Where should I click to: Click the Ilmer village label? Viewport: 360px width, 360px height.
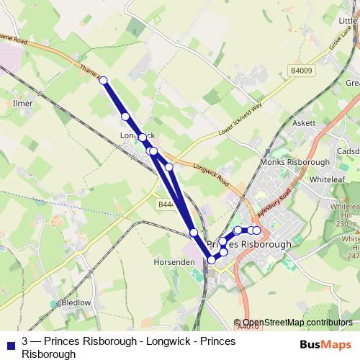point(23,104)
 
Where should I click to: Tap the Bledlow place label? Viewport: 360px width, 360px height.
point(76,303)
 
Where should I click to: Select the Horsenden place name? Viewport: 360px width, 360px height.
point(175,263)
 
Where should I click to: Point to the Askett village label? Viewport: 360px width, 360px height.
point(304,123)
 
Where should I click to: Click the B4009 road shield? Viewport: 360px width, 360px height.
point(302,71)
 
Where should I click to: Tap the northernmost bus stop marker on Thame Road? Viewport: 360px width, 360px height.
point(103,81)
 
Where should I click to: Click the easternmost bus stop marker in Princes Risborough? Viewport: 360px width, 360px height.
point(256,230)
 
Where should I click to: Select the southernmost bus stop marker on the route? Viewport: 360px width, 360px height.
point(211,260)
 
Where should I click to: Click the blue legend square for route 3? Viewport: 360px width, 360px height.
point(12,341)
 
